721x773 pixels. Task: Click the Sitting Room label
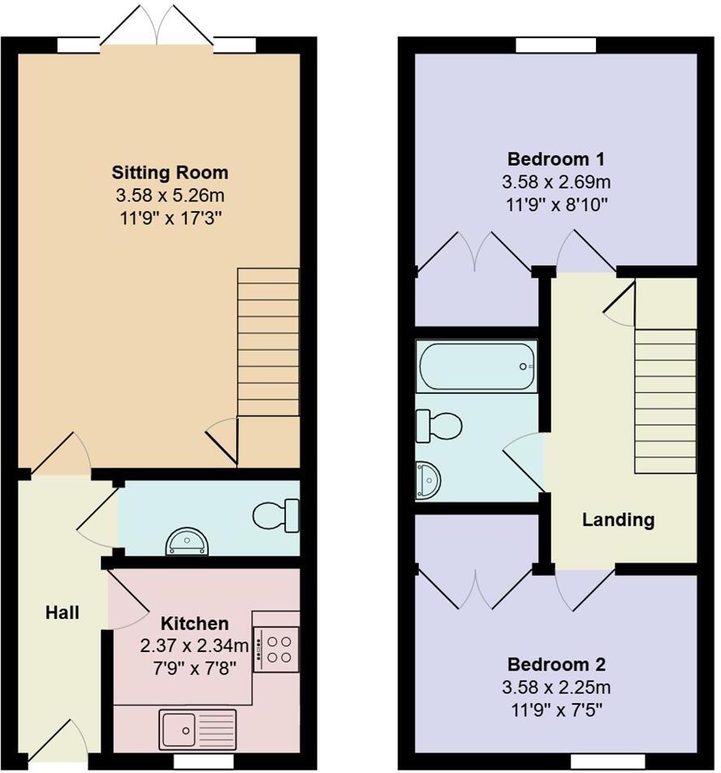[x=170, y=172]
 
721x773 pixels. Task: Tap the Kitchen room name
[x=194, y=624]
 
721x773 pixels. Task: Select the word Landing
[x=618, y=520]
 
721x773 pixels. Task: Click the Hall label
[x=62, y=612]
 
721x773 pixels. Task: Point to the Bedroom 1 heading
[x=555, y=158]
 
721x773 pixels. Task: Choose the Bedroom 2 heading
[x=555, y=664]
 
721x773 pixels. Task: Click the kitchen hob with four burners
[x=276, y=649]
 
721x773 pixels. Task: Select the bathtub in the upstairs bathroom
[x=476, y=366]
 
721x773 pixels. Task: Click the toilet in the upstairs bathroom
[x=438, y=425]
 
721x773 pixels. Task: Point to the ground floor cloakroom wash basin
[x=187, y=542]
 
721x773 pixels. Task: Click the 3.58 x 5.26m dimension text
[x=170, y=195]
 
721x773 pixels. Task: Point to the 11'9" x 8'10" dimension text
[x=555, y=203]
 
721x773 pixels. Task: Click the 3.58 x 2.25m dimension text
[x=555, y=688]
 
